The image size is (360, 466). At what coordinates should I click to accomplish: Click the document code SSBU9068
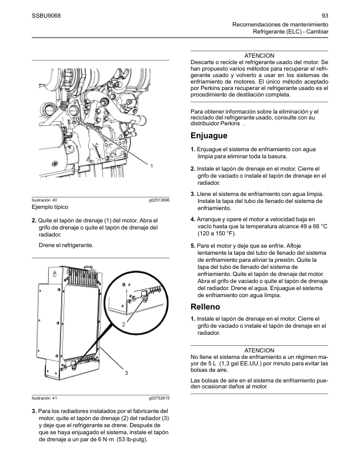tap(46, 16)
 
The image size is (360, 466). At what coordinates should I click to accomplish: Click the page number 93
tap(325, 16)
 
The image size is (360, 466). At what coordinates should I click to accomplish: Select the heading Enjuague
tap(209, 135)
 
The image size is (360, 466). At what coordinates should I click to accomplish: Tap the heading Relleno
tap(205, 307)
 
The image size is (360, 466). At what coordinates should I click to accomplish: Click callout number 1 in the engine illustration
tap(152, 166)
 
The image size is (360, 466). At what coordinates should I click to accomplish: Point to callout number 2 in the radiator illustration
tap(124, 325)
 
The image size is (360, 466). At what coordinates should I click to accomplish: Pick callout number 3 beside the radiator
tap(126, 372)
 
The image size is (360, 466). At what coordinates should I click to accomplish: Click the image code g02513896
tap(159, 200)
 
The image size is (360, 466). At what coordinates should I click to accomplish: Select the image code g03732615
tap(159, 398)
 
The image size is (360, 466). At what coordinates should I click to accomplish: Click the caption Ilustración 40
tap(44, 200)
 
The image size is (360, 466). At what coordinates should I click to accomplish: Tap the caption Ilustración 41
tap(44, 398)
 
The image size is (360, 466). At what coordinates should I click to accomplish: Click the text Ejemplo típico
tap(50, 207)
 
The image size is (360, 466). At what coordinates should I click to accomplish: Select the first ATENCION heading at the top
tap(259, 55)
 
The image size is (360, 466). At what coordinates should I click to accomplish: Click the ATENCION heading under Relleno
tap(259, 351)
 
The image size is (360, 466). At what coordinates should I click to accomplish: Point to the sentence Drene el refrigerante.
tap(66, 245)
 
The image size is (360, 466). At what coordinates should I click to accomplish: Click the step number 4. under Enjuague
tap(193, 219)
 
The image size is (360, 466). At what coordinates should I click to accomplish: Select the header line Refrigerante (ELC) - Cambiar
tap(291, 32)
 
